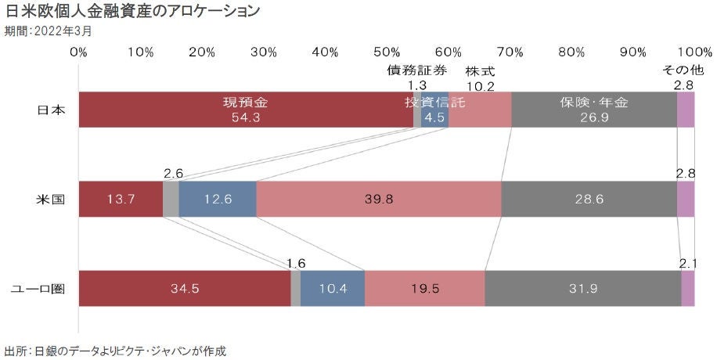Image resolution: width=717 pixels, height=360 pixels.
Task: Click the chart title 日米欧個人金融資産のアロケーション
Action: pyautogui.click(x=133, y=13)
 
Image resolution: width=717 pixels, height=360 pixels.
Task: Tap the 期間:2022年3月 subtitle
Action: pyautogui.click(x=48, y=31)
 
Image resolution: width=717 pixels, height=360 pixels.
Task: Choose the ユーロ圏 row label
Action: pyautogui.click(x=36, y=288)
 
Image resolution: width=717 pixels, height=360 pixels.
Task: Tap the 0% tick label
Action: pyautogui.click(x=78, y=52)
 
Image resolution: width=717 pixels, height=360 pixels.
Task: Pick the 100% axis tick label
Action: pyautogui.click(x=690, y=52)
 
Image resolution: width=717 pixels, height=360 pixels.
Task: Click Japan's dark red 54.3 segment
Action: pyautogui.click(x=246, y=110)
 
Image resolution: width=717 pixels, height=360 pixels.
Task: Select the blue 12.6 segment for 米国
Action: pyautogui.click(x=217, y=199)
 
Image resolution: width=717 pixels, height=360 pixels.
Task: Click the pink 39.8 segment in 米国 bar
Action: pyautogui.click(x=378, y=199)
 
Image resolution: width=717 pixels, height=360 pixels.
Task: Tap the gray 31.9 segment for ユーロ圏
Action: pyautogui.click(x=582, y=288)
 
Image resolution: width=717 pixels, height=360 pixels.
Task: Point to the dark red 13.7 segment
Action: pyautogui.click(x=121, y=199)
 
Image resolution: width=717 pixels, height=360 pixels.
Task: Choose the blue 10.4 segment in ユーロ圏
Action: pyautogui.click(x=333, y=288)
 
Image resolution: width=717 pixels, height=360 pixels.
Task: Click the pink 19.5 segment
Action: pyautogui.click(x=424, y=288)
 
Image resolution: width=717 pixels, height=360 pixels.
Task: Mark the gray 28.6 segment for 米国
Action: pyautogui.click(x=589, y=199)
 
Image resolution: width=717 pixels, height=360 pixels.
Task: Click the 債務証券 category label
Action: pyautogui.click(x=418, y=70)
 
